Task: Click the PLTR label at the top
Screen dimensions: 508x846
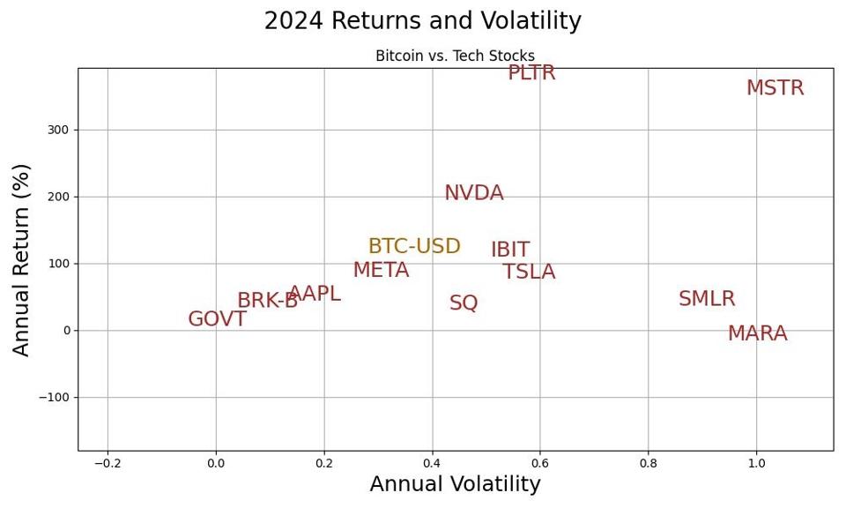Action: [531, 73]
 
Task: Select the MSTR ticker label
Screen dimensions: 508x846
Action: [775, 88]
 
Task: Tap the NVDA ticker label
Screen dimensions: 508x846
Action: [473, 193]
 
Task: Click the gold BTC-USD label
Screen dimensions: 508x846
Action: [414, 247]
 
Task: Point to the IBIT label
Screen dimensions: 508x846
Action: [509, 250]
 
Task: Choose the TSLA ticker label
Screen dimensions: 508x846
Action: [529, 273]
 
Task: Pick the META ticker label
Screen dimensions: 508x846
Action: [381, 271]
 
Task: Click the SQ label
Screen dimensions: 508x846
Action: [464, 303]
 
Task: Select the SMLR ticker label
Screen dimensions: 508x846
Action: [706, 299]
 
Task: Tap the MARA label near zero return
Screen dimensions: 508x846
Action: [757, 334]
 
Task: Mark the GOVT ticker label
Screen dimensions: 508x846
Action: [217, 319]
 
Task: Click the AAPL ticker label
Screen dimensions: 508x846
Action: [315, 295]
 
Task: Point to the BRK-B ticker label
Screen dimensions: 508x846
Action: [267, 301]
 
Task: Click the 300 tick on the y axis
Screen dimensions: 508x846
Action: [59, 130]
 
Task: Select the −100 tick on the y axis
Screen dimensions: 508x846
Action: [53, 397]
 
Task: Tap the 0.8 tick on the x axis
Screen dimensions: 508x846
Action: [648, 463]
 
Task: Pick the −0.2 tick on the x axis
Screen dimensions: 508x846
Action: [108, 463]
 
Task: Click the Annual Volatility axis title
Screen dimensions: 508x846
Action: [455, 484]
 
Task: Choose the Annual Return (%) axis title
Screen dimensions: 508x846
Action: [22, 259]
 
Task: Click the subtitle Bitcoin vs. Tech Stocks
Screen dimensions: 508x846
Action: [455, 56]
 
